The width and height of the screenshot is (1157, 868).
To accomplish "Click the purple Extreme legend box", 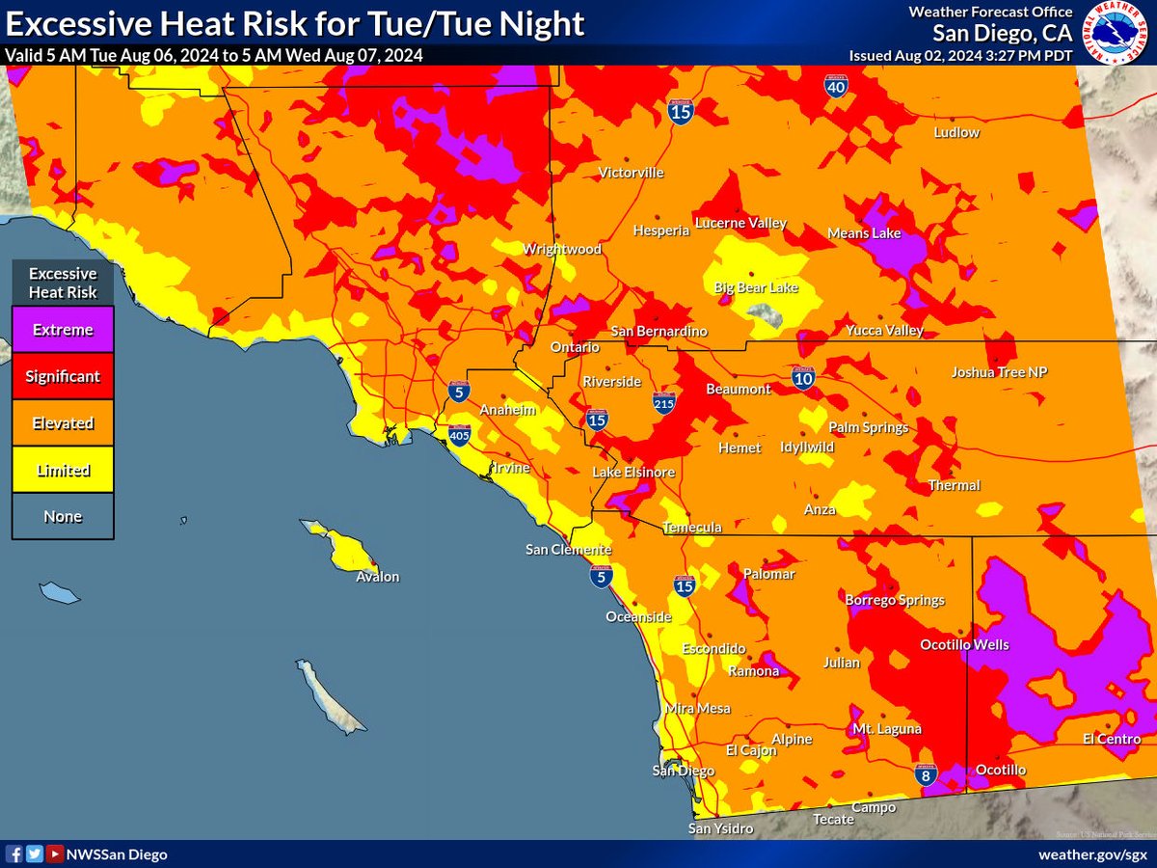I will pyautogui.click(x=63, y=330).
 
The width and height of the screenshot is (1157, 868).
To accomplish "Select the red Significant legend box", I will pyautogui.click(x=63, y=376).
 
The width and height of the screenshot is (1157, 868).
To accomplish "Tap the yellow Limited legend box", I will pyautogui.click(x=63, y=470).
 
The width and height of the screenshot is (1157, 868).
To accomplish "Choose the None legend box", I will pyautogui.click(x=63, y=516).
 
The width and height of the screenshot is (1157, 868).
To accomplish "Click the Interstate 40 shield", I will pyautogui.click(x=836, y=87).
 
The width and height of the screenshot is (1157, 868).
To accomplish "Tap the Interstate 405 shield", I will pyautogui.click(x=459, y=436).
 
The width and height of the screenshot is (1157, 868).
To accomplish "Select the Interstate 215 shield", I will pyautogui.click(x=663, y=404).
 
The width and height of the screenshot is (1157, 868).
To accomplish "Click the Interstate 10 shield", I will pyautogui.click(x=802, y=376).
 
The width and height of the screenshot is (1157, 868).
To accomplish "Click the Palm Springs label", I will pyautogui.click(x=868, y=427).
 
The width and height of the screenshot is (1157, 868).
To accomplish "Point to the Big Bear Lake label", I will pyautogui.click(x=756, y=288).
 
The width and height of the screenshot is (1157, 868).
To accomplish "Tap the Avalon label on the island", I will pyautogui.click(x=377, y=577).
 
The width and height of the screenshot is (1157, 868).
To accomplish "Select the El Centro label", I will pyautogui.click(x=1111, y=739).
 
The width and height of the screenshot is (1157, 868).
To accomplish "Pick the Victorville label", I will pyautogui.click(x=631, y=173).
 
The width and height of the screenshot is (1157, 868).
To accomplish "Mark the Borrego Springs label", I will pyautogui.click(x=894, y=600).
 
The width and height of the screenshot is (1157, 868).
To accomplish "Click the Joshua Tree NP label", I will pyautogui.click(x=999, y=371).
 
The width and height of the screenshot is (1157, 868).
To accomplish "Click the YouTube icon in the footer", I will pyautogui.click(x=55, y=854).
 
